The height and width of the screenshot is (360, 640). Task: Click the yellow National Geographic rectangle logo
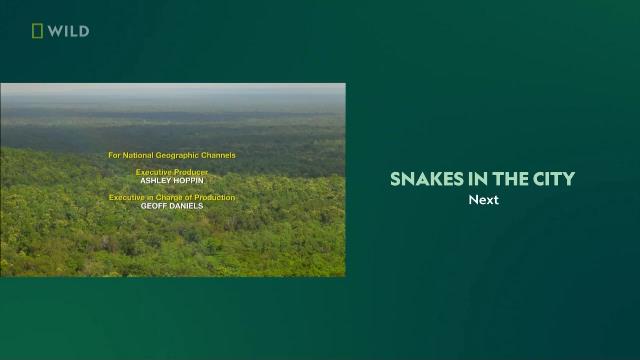coord(37,31)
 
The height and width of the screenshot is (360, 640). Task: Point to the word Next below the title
coord(483,200)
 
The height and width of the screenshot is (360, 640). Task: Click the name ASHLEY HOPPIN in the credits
coord(172,181)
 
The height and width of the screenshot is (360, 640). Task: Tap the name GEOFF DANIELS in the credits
coord(172,206)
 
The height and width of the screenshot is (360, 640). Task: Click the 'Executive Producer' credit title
coord(172,172)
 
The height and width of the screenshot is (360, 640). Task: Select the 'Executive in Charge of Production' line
coord(172,197)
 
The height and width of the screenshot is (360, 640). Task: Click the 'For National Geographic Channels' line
coord(172,156)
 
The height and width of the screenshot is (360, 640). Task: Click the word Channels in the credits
coord(220,156)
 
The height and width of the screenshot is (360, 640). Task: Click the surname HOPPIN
coord(188,181)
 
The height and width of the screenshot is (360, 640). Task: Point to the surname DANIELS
coord(184,206)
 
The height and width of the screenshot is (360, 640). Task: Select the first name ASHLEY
coord(155,181)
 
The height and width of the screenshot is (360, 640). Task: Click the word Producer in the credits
coord(190,172)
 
